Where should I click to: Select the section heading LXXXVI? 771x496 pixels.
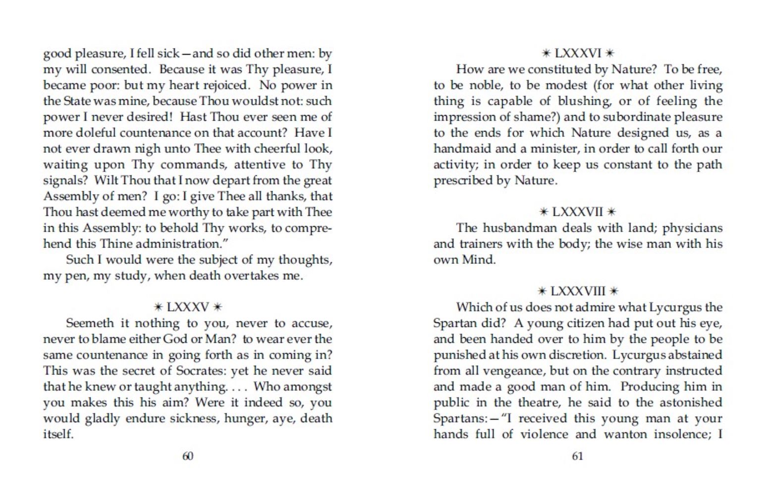578,53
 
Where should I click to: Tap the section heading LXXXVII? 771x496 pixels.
578,212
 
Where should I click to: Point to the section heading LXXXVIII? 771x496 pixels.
578,291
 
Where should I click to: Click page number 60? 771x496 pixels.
188,456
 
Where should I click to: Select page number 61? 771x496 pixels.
578,456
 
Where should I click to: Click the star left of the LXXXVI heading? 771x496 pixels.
546,53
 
